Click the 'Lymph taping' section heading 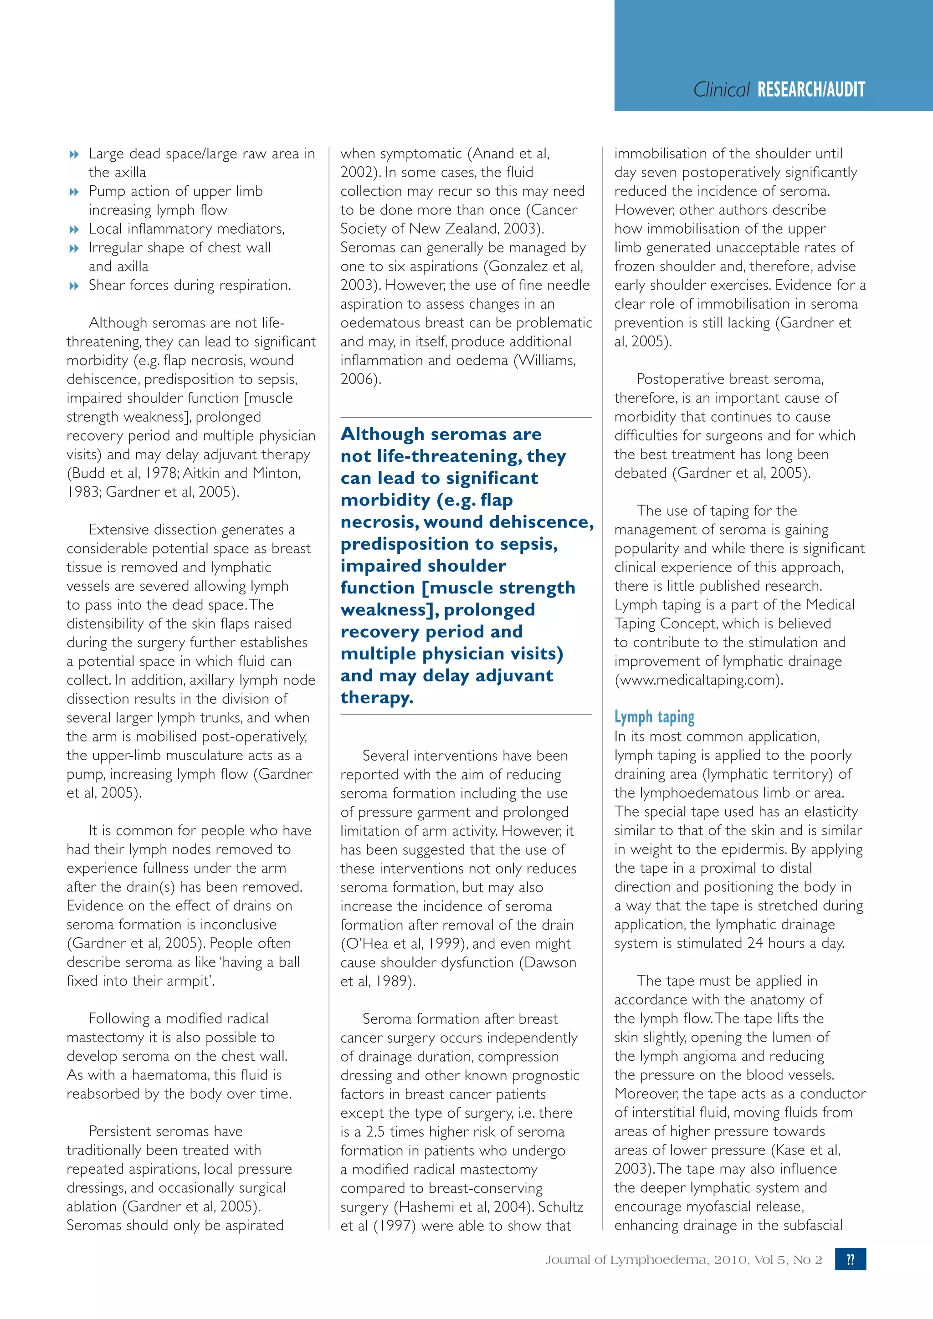click(x=654, y=717)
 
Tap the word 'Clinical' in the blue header click(x=721, y=90)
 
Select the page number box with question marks click(x=850, y=1259)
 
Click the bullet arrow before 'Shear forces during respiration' click(x=73, y=286)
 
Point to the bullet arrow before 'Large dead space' click(x=73, y=154)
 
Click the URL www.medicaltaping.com click(x=698, y=680)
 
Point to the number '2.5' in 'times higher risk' click(x=376, y=1132)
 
